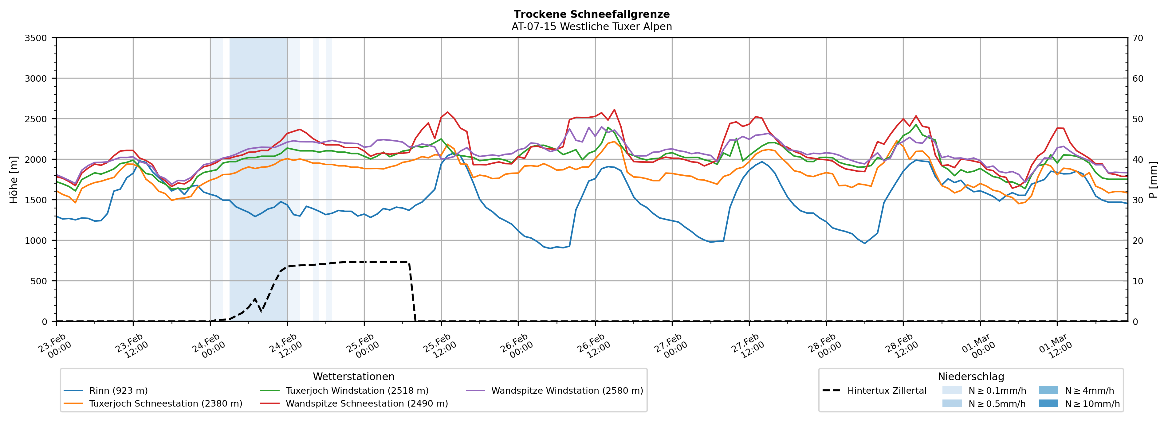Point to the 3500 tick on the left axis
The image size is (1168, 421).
coord(36,38)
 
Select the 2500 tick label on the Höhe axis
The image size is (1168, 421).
coord(36,119)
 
